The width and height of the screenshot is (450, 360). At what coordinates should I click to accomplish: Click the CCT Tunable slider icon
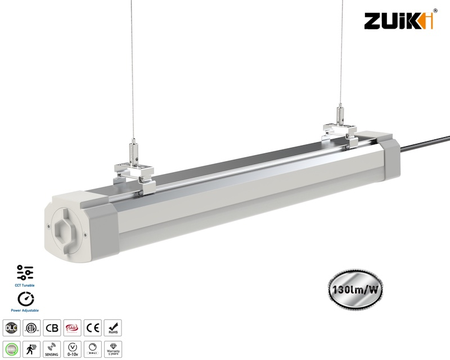[25, 272]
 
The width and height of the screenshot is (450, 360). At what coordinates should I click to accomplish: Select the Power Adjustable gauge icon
[25, 300]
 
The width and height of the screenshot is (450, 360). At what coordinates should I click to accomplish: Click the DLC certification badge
[11, 328]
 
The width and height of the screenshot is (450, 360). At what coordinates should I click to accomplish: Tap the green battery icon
[11, 348]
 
